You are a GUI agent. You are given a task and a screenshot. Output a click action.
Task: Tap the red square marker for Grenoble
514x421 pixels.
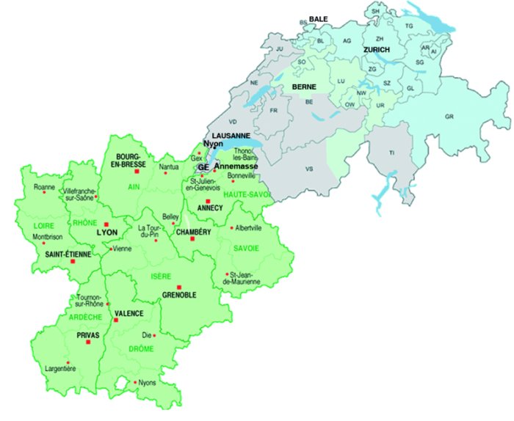[178, 287]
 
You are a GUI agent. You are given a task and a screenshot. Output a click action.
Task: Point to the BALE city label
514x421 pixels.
[318, 18]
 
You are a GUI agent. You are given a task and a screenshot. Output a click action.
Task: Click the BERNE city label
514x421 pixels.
[304, 87]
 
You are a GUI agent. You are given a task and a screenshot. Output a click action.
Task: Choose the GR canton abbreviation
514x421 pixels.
[449, 117]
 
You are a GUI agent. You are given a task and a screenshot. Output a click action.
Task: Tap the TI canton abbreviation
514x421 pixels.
[392, 152]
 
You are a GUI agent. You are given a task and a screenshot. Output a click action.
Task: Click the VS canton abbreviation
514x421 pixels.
[309, 169]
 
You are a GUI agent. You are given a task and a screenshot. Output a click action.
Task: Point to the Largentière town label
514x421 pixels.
[60, 369]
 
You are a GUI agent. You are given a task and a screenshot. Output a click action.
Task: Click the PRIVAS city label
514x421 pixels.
[87, 334]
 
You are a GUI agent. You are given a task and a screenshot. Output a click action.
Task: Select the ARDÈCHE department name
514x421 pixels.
[85, 318]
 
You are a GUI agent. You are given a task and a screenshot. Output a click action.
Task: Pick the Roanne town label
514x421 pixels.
[45, 187]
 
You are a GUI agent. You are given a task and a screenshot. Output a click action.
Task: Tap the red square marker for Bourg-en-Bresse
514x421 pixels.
[137, 171]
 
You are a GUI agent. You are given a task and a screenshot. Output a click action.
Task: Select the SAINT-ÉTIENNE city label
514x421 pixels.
[68, 254]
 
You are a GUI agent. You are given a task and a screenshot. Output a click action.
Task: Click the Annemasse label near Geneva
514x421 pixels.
[236, 166]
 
